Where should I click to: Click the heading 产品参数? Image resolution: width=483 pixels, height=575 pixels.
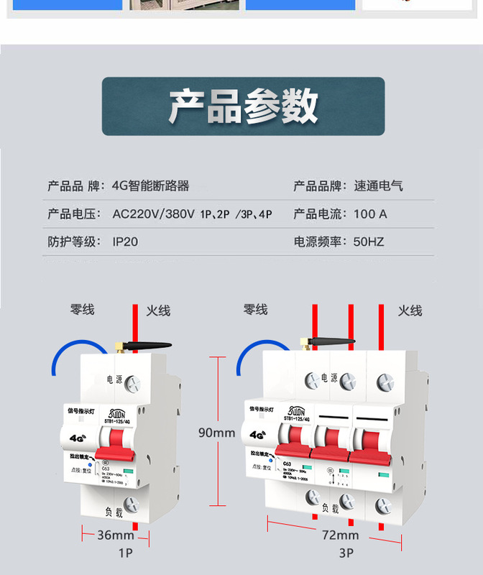(243, 106)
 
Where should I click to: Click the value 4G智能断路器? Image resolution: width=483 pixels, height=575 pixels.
(151, 185)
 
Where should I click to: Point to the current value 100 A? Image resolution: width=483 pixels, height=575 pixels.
(370, 213)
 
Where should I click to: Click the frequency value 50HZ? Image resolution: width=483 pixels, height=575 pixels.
(369, 241)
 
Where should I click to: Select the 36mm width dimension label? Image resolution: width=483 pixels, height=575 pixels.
(116, 535)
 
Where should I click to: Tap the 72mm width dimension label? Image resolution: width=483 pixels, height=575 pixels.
(341, 535)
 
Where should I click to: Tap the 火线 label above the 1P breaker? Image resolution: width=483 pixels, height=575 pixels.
(158, 310)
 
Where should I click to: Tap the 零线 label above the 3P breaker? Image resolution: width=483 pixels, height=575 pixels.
(255, 309)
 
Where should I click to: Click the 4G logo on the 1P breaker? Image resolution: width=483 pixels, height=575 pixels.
(77, 436)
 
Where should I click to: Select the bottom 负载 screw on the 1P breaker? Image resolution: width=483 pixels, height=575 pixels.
(132, 505)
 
